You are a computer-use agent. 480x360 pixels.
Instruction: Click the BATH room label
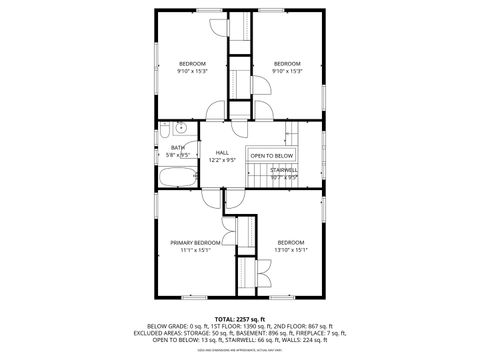(177, 148)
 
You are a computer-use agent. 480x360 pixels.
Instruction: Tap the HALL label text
(222, 153)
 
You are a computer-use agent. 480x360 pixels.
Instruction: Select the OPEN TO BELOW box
(272, 156)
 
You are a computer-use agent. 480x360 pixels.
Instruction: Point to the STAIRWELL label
(285, 171)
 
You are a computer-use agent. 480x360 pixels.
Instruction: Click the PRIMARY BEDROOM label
(194, 243)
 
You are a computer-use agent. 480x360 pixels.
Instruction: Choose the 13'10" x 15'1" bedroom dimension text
(291, 250)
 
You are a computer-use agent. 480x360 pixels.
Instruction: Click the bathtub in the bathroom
(178, 178)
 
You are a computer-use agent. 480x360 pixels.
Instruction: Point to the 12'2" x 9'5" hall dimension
(222, 160)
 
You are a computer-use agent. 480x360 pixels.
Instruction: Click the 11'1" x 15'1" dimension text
(194, 250)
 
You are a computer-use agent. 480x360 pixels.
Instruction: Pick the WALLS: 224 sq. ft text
(306, 339)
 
